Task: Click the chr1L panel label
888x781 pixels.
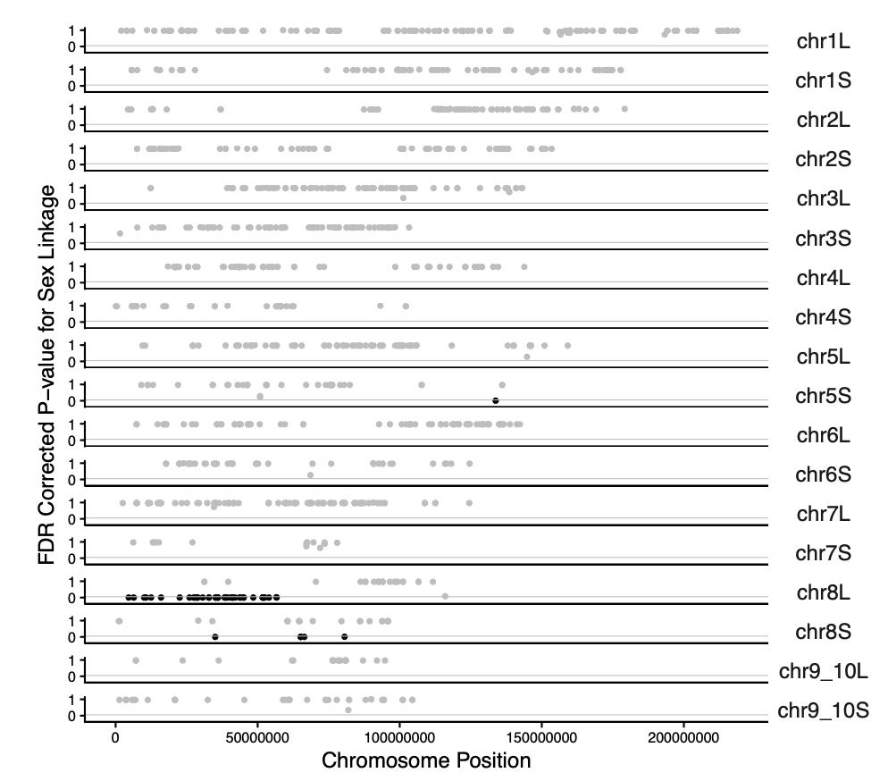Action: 823,42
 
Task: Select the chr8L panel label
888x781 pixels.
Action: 823,593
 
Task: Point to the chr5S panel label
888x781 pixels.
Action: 823,396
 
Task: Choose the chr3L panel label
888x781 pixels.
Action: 823,199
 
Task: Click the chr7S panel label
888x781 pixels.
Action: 823,554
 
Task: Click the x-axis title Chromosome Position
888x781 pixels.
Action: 425,761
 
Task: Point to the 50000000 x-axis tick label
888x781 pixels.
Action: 257,739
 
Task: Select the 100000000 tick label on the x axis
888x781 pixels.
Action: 399,739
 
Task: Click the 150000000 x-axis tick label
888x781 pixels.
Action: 541,739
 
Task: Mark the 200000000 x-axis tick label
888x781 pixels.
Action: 683,739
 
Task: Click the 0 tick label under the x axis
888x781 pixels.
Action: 115,739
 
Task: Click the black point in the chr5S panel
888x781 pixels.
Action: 496,400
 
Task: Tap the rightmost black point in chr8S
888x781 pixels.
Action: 344,636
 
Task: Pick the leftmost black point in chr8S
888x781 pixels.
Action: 215,636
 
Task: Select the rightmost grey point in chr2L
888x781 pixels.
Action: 624,109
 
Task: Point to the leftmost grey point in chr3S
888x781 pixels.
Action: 120,233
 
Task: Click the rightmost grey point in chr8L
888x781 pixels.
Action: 445,596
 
